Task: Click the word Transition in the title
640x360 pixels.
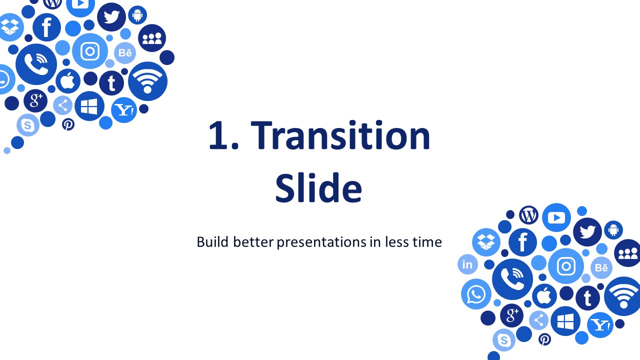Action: coord(340,135)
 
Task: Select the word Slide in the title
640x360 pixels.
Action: coord(318,187)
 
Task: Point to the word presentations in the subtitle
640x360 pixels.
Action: coord(321,242)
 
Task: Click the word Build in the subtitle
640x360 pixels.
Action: coord(212,241)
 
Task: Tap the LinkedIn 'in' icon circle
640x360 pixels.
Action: coord(467,264)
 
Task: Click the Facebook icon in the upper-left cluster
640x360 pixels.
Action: coord(46,27)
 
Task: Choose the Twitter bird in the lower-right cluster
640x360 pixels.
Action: coord(587,231)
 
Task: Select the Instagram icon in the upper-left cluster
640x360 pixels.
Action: coord(90,51)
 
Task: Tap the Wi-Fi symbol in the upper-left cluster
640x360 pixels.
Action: coord(147,81)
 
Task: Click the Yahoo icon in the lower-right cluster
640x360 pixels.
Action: coord(600,325)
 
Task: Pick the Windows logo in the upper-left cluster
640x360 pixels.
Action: coord(89,106)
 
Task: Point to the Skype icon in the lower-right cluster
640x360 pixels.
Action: coord(504,340)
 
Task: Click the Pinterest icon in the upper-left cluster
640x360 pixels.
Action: coord(68,124)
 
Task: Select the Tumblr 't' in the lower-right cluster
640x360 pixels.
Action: coord(587,298)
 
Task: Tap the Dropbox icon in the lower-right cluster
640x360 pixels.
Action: coord(486,242)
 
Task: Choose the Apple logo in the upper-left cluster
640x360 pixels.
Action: coord(68,81)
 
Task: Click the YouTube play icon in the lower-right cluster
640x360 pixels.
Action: coord(556,217)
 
